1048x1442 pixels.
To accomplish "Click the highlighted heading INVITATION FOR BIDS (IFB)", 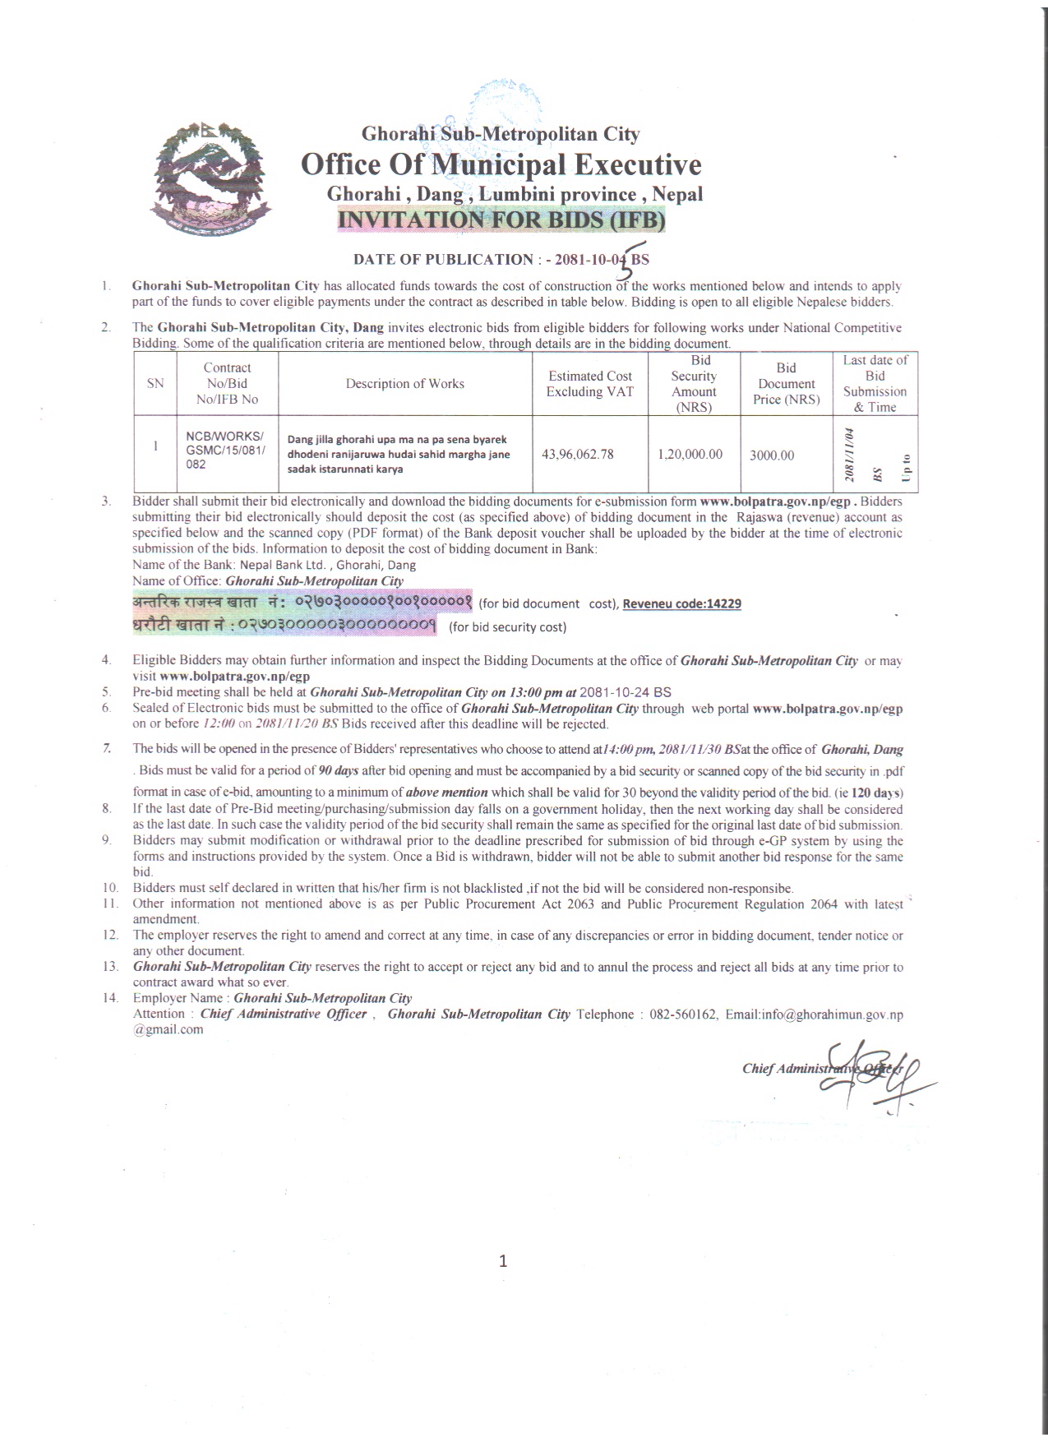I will tap(501, 220).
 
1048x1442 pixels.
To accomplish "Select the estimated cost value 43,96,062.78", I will tap(577, 455).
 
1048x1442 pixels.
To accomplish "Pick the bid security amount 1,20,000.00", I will tap(690, 455).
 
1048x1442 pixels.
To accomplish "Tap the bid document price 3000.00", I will tap(772, 455).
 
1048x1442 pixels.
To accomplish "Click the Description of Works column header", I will tap(404, 384).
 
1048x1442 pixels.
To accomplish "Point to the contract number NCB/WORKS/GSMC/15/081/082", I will tap(225, 450).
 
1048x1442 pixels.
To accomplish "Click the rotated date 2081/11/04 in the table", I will tap(850, 455).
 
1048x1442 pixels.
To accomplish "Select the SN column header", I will tap(155, 384).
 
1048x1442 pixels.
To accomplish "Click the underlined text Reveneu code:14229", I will tap(681, 603).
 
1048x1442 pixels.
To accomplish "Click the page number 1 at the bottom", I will tap(503, 1261).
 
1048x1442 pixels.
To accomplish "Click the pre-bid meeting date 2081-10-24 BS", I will tap(625, 692).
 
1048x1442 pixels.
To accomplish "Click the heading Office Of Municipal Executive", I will tap(501, 164).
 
